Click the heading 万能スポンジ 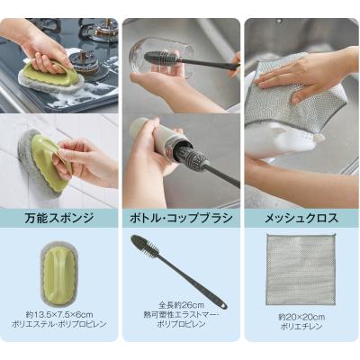(x=59, y=218)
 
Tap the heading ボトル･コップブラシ (x=181, y=218)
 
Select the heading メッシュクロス (x=301, y=218)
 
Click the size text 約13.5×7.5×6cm (x=59, y=315)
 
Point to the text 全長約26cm (x=181, y=306)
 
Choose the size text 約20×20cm (x=301, y=317)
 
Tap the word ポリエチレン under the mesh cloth (x=301, y=327)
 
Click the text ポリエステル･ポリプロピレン (x=59, y=324)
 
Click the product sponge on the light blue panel (x=59, y=275)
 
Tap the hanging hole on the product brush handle (x=222, y=306)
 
